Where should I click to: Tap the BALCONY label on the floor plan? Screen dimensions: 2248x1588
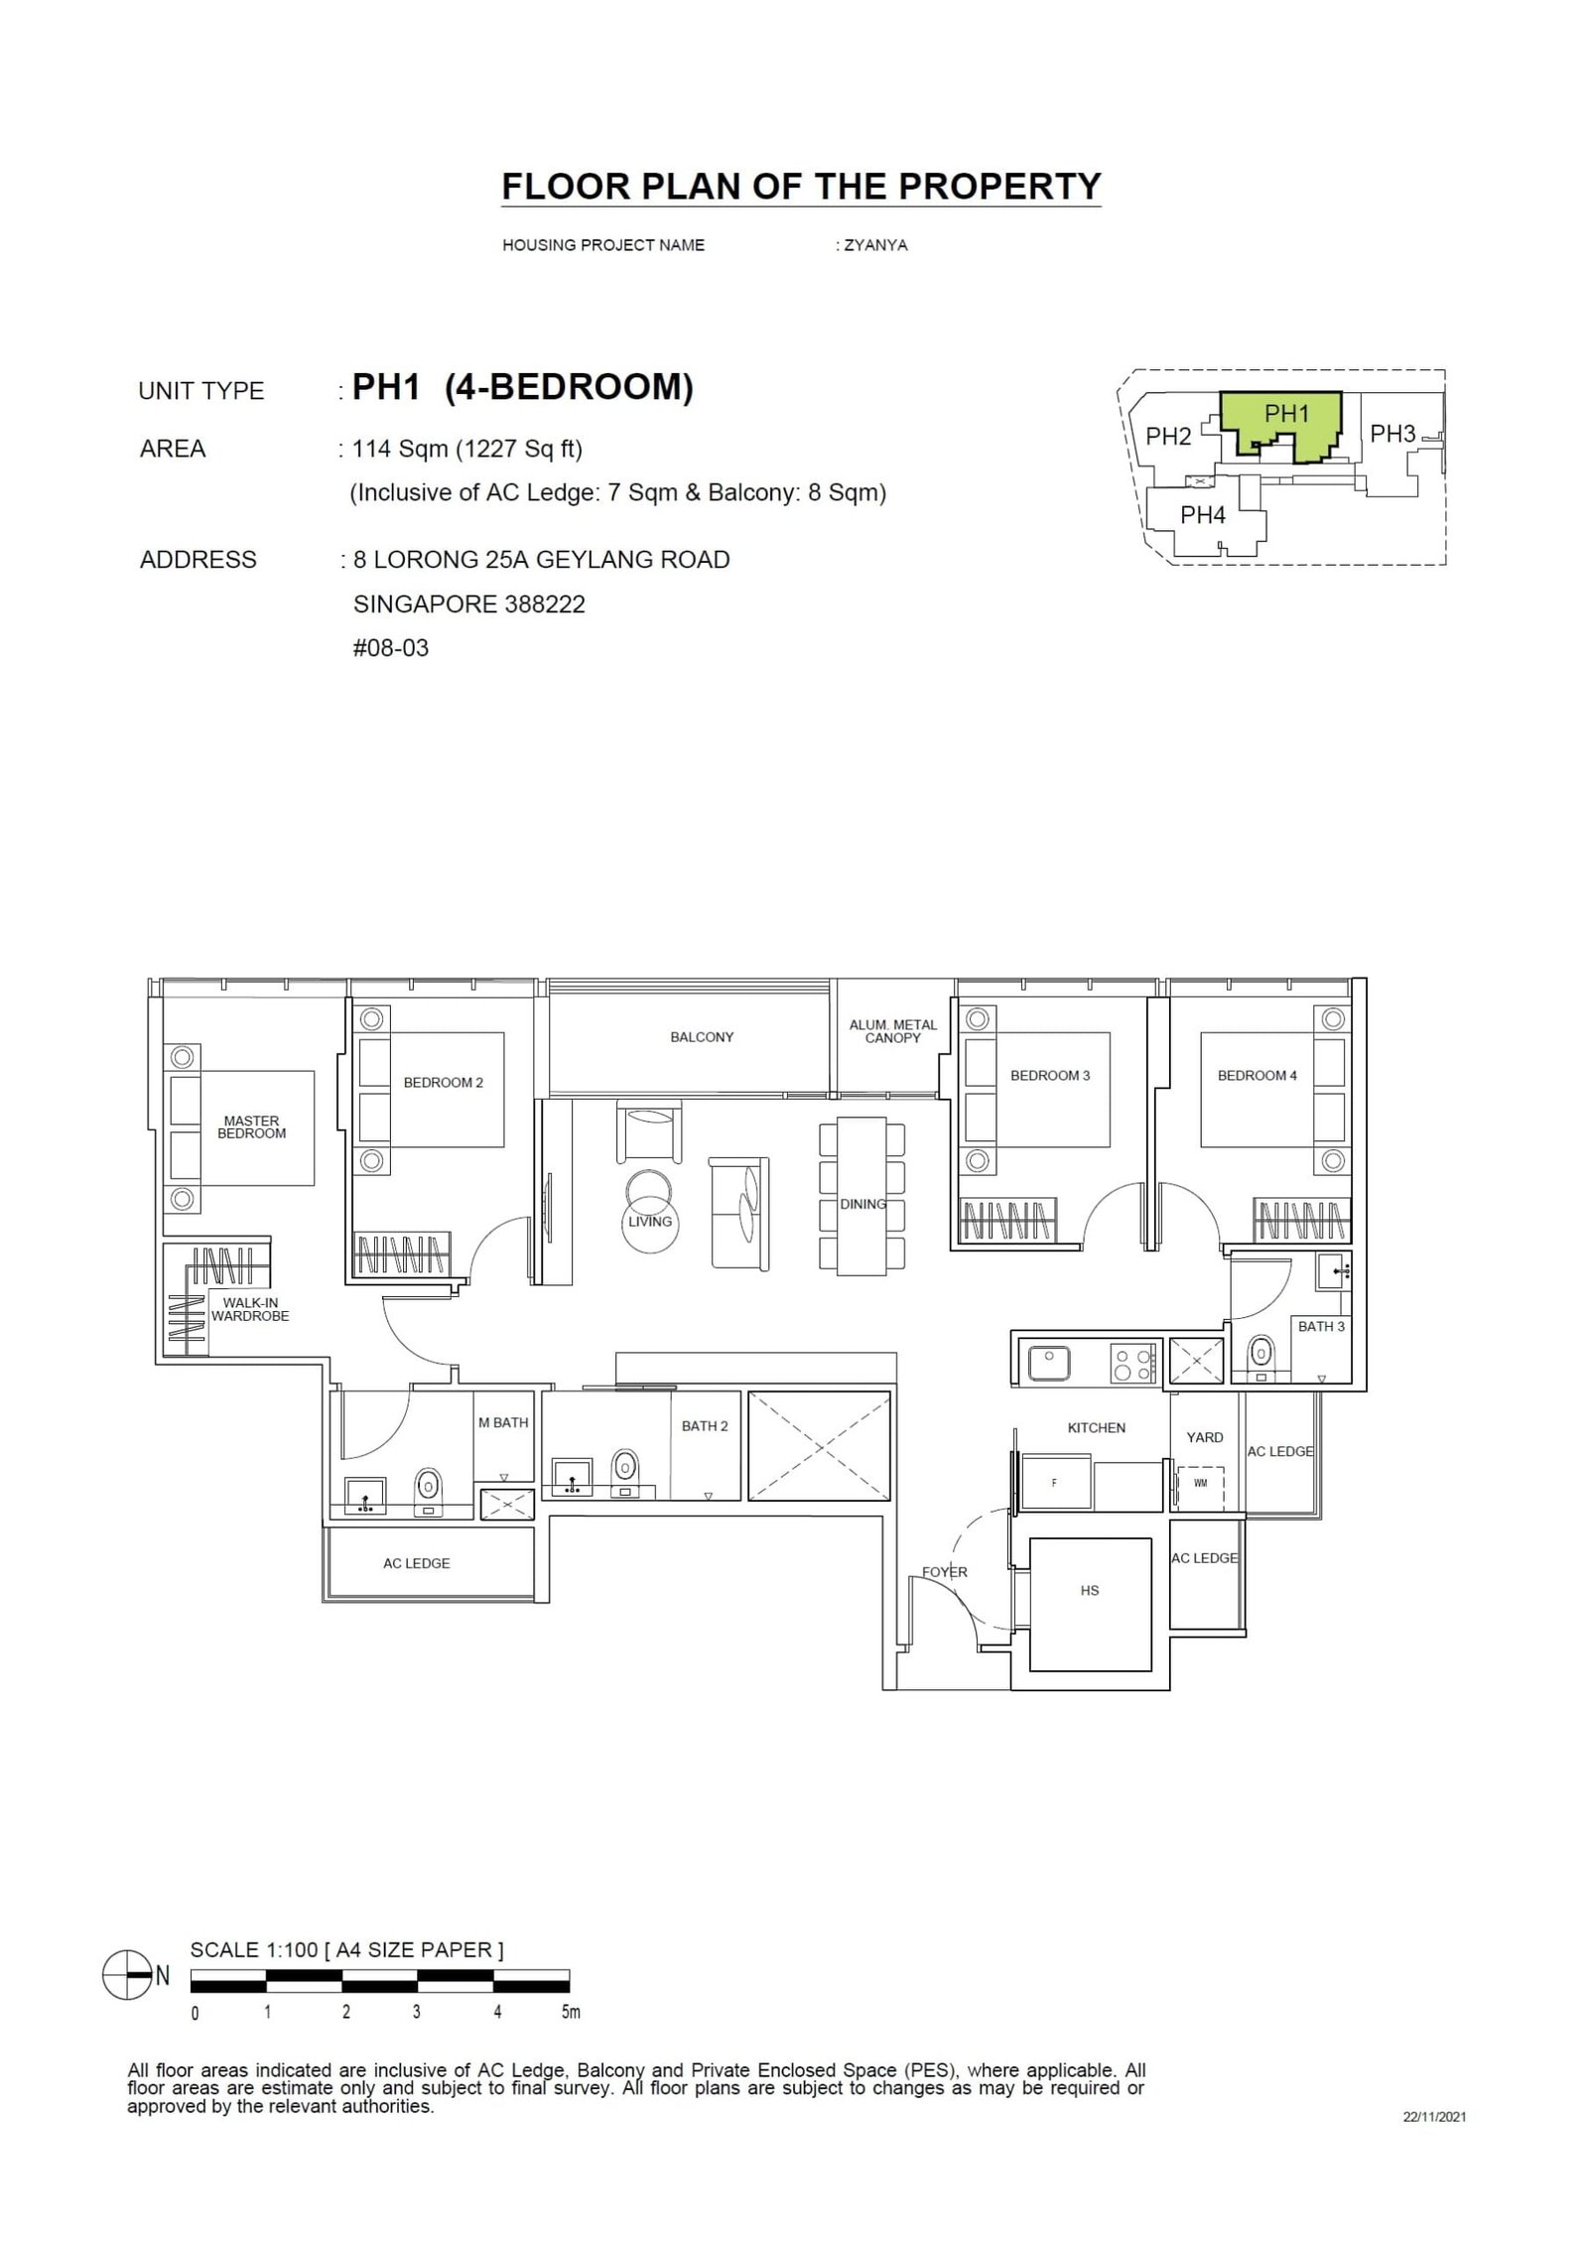702,1037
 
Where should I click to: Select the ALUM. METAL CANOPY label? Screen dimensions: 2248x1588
892,1031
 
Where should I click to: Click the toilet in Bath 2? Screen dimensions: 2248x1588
624,1465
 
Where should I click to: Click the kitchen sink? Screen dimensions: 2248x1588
1048,1362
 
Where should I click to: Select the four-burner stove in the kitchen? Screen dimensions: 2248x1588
1132,1362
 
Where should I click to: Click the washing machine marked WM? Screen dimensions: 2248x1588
1200,1484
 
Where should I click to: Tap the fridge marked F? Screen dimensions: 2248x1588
1054,1484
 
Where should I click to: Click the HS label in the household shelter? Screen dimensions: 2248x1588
1090,1590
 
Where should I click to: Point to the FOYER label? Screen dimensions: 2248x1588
944,1572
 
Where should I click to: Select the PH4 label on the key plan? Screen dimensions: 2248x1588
1203,515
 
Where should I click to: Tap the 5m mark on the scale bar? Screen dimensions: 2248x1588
570,2013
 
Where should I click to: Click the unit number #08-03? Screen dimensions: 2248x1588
391,648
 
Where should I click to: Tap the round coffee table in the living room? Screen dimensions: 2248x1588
649,1191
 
